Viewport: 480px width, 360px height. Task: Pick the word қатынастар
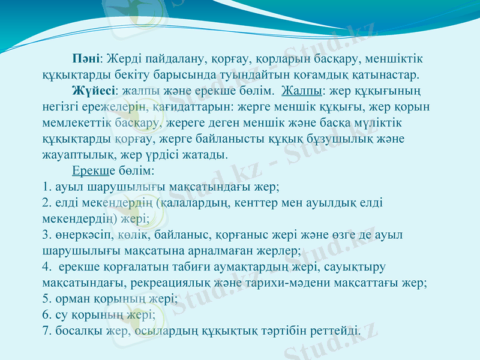coord(386,76)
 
